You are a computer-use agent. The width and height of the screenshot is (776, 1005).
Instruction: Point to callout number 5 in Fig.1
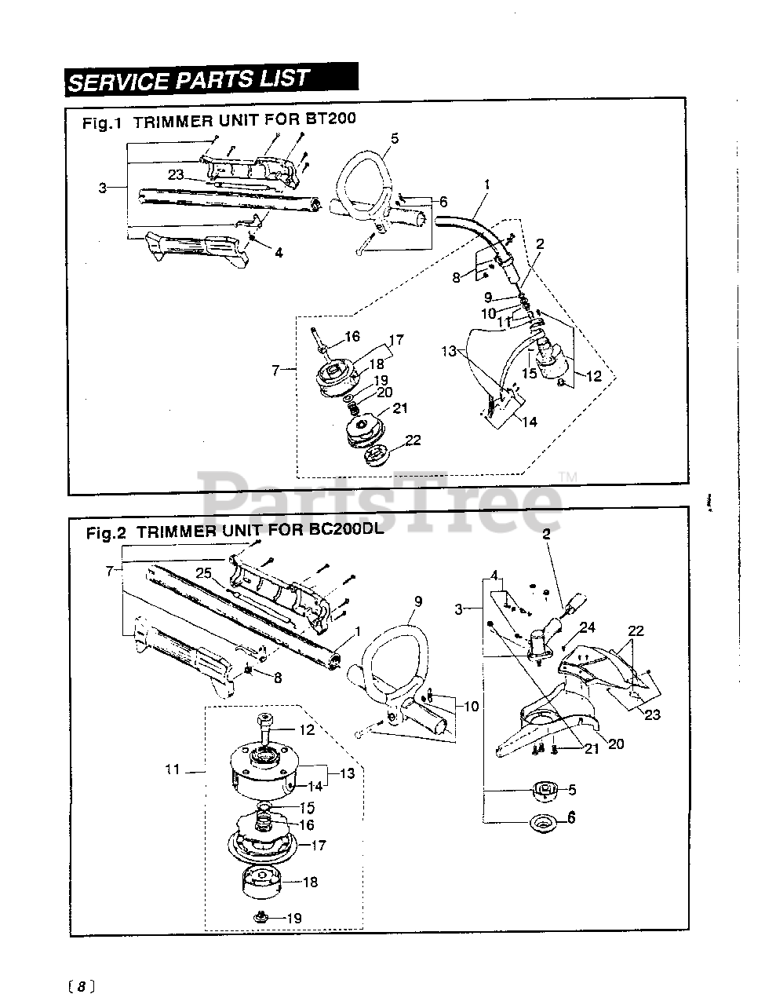pos(394,138)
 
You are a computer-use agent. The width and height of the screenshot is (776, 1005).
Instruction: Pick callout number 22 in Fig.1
pos(413,440)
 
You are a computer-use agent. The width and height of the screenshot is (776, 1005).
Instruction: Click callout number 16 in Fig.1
pos(352,336)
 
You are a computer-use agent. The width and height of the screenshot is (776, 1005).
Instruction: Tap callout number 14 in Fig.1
pos(529,422)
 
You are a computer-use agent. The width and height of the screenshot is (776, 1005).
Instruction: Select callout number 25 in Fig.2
pos(205,573)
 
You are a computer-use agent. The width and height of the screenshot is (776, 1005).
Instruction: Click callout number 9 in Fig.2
pos(417,601)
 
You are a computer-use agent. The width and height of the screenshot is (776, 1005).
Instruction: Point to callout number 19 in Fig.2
pos(293,918)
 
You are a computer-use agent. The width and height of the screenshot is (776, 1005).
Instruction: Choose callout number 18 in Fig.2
pos(310,882)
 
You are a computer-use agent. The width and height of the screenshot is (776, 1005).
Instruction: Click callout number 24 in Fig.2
pos(588,627)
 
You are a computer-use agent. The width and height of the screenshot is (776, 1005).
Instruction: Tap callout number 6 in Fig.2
pos(570,817)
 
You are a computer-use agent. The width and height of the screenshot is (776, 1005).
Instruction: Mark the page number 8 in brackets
pos(81,986)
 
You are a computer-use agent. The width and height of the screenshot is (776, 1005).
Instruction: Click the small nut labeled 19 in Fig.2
pos(260,916)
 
